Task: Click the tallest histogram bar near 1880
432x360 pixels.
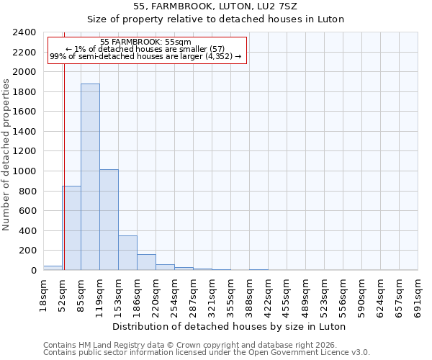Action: point(90,177)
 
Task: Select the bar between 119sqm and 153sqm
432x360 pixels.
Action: point(109,220)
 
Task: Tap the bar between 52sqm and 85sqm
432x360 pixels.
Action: point(71,228)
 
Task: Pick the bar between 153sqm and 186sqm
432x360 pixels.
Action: point(127,253)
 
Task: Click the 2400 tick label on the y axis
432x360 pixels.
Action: point(24,33)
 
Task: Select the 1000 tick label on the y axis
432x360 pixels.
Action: point(24,171)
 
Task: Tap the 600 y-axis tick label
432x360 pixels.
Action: point(27,211)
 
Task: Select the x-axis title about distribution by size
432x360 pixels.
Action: point(229,327)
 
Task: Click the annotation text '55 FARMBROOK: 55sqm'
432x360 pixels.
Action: point(146,42)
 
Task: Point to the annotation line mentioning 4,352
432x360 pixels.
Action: point(146,57)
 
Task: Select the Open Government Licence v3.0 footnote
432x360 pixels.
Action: point(207,353)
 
